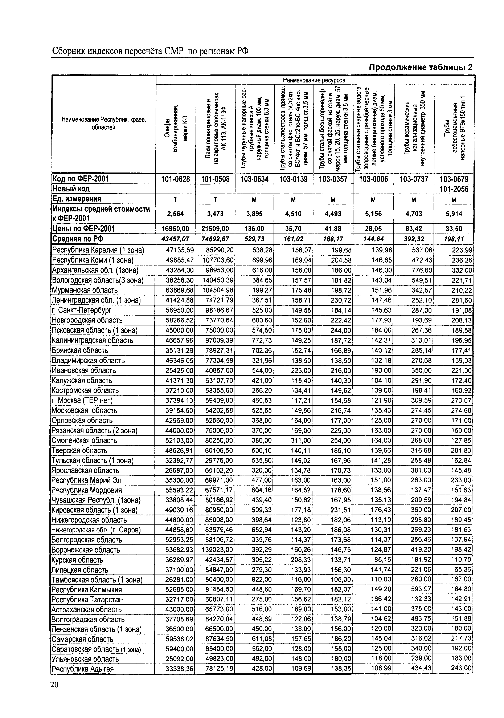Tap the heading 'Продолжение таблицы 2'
(421, 67)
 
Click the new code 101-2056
(454, 189)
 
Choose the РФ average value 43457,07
(175, 239)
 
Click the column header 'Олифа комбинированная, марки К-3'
(176, 129)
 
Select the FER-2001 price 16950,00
(175, 229)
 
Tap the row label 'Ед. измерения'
(77, 199)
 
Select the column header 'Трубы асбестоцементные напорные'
(454, 129)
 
